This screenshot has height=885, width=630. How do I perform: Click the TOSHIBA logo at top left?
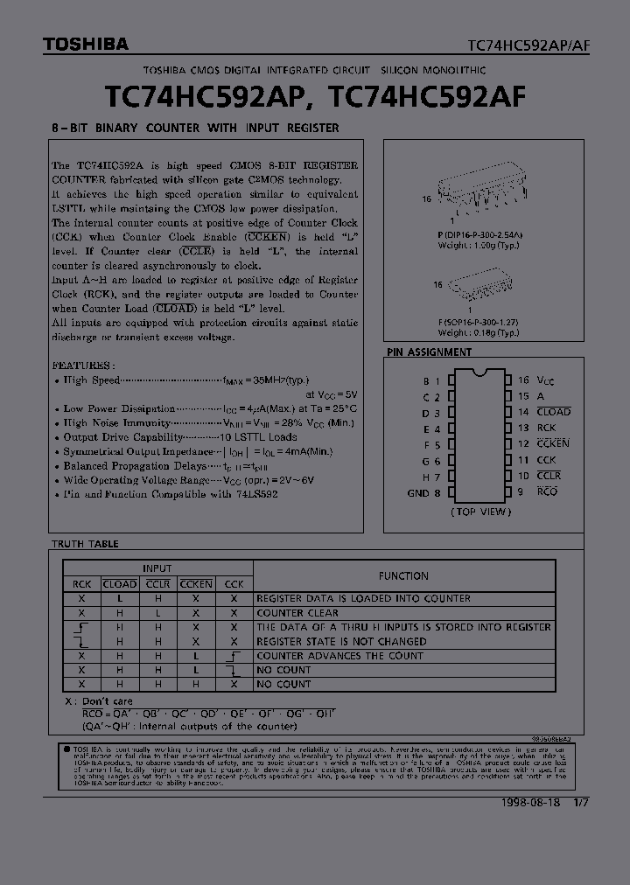pyautogui.click(x=73, y=44)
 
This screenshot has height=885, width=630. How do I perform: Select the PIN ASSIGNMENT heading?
pyautogui.click(x=429, y=352)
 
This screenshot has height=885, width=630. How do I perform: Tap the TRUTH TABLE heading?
pyautogui.click(x=85, y=544)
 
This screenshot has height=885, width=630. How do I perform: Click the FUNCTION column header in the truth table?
pyautogui.click(x=403, y=576)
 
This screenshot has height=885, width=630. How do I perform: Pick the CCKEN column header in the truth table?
pyautogui.click(x=196, y=584)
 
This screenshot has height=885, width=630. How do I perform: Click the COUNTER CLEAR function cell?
pyautogui.click(x=297, y=613)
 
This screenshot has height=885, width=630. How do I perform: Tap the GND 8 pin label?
pyautogui.click(x=423, y=492)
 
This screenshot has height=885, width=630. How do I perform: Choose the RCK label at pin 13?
pyautogui.click(x=545, y=428)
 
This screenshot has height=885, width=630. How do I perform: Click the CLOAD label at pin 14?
pyautogui.click(x=553, y=412)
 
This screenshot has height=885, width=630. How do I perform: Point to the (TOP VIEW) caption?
pyautogui.click(x=479, y=512)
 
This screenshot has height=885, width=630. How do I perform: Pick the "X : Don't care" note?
pyautogui.click(x=99, y=701)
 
